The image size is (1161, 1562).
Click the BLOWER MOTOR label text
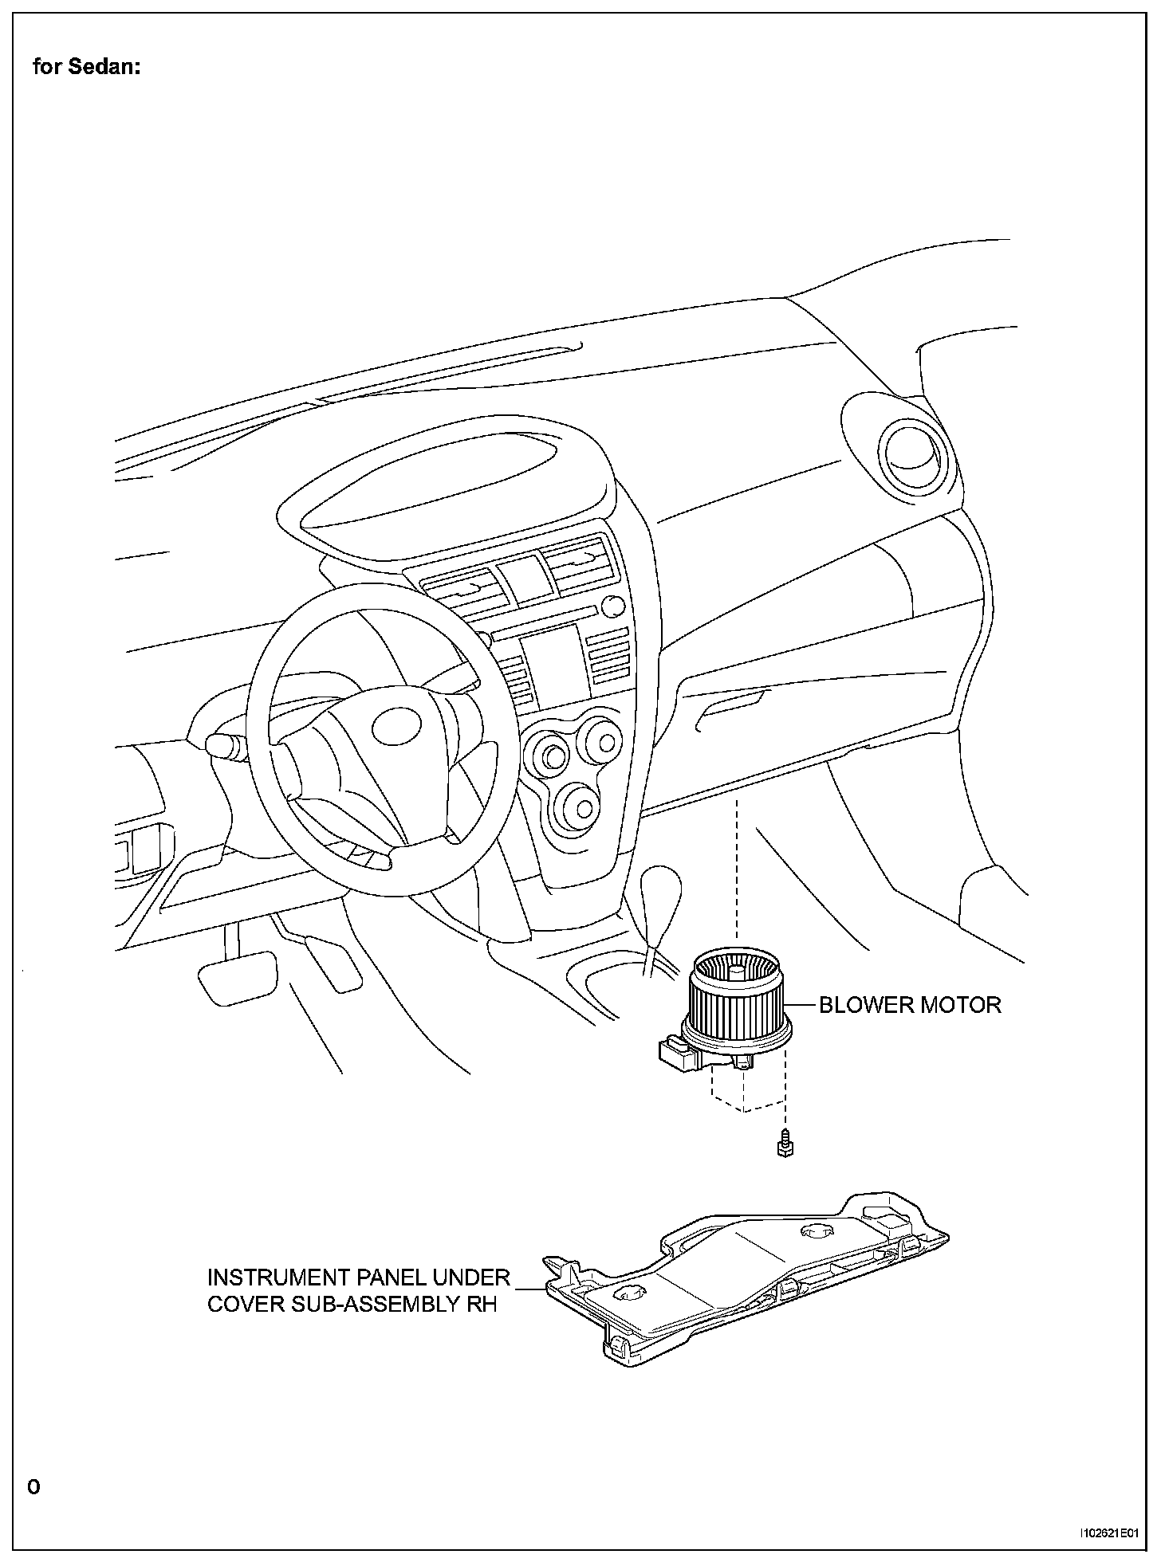(x=910, y=1004)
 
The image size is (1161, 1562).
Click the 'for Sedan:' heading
(x=86, y=68)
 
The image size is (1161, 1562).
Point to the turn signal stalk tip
(x=217, y=745)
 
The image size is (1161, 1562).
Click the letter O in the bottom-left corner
(x=33, y=1486)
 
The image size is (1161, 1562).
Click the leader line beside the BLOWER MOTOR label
(x=803, y=1004)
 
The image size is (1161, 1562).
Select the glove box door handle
(x=730, y=704)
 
